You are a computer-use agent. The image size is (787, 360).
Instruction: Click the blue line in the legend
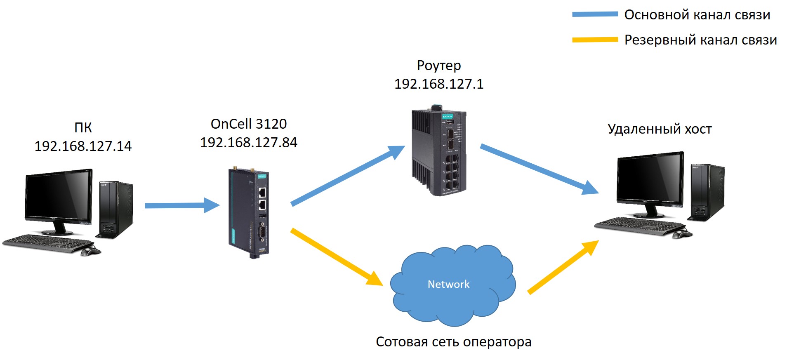click(x=595, y=14)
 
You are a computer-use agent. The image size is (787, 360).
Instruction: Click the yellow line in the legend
click(x=595, y=40)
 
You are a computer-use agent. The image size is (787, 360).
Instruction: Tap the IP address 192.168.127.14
click(x=83, y=146)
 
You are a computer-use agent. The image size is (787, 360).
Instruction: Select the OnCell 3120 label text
click(x=248, y=124)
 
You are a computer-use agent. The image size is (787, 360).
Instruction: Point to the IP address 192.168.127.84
click(x=248, y=142)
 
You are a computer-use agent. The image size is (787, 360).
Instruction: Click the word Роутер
click(x=438, y=65)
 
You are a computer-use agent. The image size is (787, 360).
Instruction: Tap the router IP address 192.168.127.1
click(x=438, y=84)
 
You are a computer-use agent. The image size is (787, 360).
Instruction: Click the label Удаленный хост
click(x=659, y=129)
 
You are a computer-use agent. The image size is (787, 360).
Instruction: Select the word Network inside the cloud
click(x=448, y=284)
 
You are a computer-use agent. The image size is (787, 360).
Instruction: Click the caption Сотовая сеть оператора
click(x=453, y=341)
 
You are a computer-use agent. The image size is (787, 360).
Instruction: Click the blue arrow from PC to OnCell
click(x=181, y=205)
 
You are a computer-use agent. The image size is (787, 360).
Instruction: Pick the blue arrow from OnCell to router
click(x=346, y=175)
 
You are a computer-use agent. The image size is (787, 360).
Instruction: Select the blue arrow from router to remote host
click(x=538, y=169)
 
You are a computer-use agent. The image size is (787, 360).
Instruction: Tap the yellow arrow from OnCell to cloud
click(x=336, y=256)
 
